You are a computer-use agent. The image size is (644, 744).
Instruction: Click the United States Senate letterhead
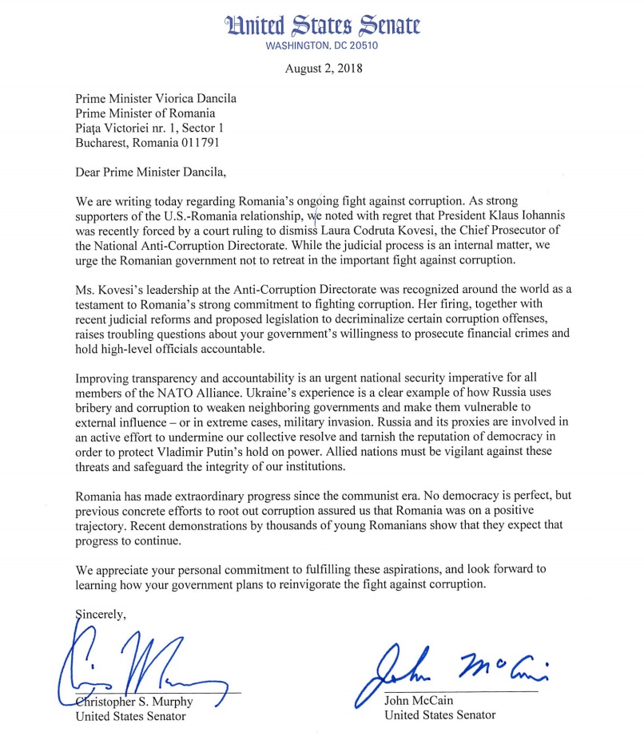[x=323, y=25]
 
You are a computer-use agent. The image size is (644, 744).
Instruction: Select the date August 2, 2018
[x=324, y=68]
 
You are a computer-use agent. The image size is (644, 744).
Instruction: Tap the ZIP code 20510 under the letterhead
[x=362, y=45]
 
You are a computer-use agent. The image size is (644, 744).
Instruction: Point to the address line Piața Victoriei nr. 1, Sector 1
[x=149, y=128]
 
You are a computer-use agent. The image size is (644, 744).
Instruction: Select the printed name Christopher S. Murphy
[x=135, y=700]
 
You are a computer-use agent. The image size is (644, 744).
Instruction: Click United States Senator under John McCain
[x=439, y=714]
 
